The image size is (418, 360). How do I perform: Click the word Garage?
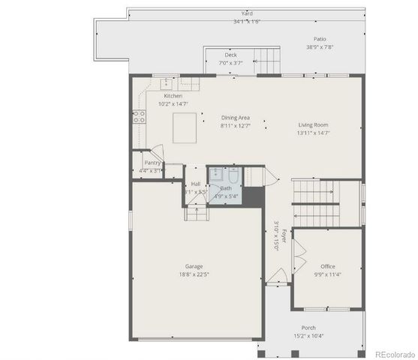pyautogui.click(x=194, y=266)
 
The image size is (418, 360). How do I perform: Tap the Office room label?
pyautogui.click(x=327, y=266)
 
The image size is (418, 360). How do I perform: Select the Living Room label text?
pyautogui.click(x=313, y=125)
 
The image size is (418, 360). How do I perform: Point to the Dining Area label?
pyautogui.click(x=235, y=118)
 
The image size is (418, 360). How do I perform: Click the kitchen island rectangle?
pyautogui.click(x=187, y=127)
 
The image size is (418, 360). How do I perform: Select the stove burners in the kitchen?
pyautogui.click(x=139, y=115)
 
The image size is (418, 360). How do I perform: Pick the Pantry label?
pyautogui.click(x=152, y=162)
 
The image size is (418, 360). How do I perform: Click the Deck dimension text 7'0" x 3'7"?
pyautogui.click(x=230, y=63)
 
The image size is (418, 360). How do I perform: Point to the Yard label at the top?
pyautogui.click(x=247, y=13)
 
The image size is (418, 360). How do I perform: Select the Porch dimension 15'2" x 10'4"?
pyautogui.click(x=308, y=336)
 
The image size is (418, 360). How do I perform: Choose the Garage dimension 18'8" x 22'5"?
pyautogui.click(x=194, y=275)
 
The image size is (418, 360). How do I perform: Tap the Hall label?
pyautogui.click(x=195, y=184)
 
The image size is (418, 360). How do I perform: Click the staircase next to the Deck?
pyautogui.click(x=266, y=59)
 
